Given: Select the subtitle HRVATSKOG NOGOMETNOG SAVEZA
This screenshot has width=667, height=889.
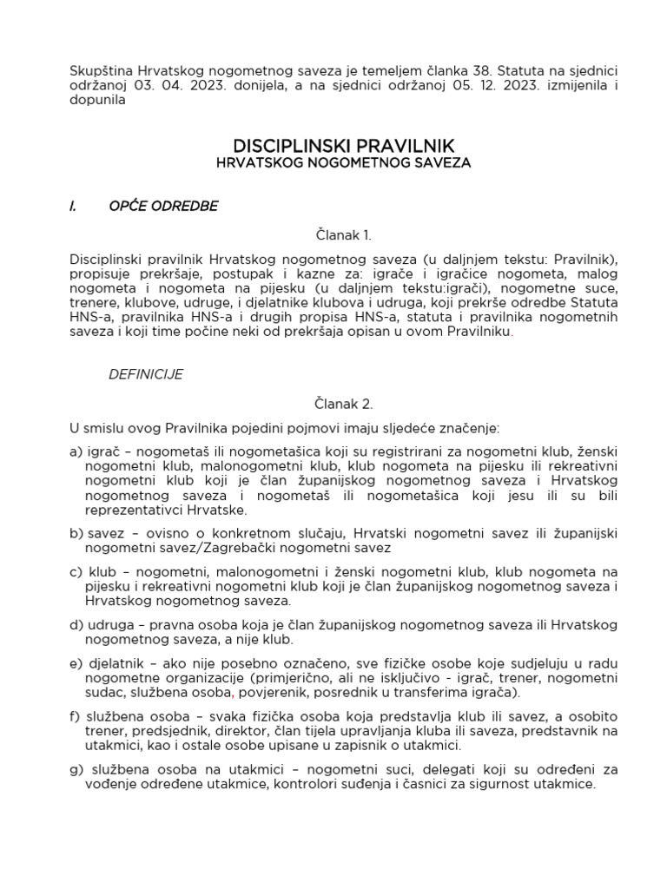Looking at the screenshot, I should (344, 162).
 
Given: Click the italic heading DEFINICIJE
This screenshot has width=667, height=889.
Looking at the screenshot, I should (145, 374).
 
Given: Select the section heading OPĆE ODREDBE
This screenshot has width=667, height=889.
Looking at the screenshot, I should (163, 206).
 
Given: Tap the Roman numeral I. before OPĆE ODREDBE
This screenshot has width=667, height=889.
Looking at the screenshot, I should (73, 206).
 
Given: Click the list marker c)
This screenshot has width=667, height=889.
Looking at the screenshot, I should (75, 571).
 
